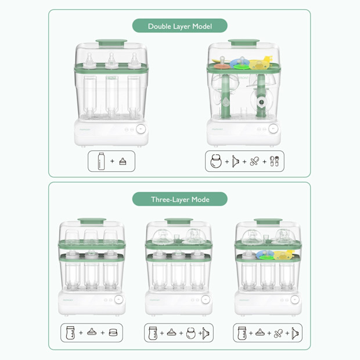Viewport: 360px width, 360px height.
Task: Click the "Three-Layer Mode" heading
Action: [x=179, y=199]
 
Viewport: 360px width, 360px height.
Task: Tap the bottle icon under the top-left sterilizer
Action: [x=102, y=161]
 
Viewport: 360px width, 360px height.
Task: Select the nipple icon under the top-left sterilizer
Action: [x=123, y=161]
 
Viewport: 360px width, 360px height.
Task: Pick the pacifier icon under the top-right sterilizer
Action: [x=254, y=161]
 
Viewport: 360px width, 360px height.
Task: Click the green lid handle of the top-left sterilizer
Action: [x=111, y=42]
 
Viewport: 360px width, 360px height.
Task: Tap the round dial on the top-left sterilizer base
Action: [x=141, y=130]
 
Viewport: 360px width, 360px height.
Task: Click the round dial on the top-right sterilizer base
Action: [x=273, y=129]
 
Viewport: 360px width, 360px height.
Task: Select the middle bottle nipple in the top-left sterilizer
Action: [x=111, y=59]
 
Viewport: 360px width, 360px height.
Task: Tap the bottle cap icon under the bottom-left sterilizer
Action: [x=113, y=333]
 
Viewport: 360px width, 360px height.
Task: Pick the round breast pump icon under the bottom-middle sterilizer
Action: [x=190, y=333]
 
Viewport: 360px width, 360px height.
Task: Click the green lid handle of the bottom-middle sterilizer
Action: [x=179, y=221]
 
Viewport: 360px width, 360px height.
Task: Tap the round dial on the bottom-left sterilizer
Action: [x=118, y=300]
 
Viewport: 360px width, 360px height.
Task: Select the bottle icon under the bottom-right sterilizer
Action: [x=243, y=333]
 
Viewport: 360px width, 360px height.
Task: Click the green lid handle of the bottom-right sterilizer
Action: [x=268, y=221]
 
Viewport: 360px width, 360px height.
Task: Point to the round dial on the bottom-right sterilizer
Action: [x=294, y=300]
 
